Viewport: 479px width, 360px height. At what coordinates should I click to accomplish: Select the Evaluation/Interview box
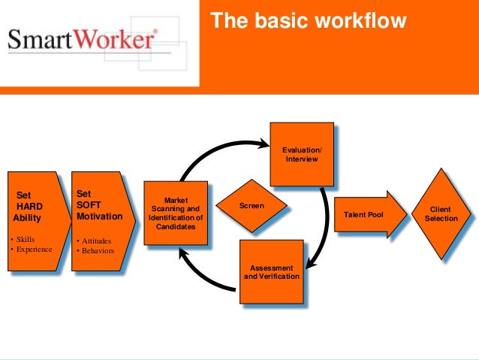(x=301, y=154)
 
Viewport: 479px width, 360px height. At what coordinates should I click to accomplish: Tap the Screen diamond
(x=252, y=205)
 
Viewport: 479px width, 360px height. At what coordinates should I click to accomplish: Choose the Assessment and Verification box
(x=272, y=271)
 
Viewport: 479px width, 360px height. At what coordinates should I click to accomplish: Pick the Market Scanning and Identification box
(x=175, y=213)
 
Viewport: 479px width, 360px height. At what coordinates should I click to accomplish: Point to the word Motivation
(x=99, y=217)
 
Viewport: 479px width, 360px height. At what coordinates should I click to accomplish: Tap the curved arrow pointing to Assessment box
(x=321, y=233)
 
